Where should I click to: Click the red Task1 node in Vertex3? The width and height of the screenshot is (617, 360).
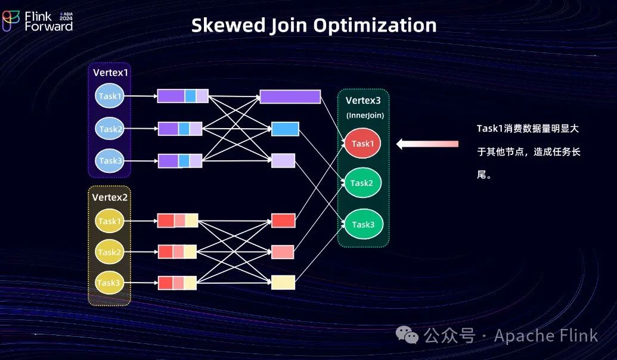[362, 144]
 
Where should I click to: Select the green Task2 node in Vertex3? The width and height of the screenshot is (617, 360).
[362, 183]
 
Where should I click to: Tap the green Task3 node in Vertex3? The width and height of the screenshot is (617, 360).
[362, 225]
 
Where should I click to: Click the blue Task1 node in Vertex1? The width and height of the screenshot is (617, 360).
[110, 96]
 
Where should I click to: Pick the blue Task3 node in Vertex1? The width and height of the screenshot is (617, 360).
[110, 160]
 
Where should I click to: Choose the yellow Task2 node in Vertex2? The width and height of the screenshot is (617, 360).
[110, 252]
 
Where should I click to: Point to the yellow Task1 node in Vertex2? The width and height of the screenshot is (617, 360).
[110, 221]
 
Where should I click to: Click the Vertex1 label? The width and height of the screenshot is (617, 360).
[110, 73]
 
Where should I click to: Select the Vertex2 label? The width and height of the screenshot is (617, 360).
[110, 197]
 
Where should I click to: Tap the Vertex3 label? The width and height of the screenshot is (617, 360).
[363, 101]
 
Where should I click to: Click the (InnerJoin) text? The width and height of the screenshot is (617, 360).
[365, 116]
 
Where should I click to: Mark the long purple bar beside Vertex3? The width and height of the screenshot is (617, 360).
[290, 97]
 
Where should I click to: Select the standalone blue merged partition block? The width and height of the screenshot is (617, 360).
[285, 129]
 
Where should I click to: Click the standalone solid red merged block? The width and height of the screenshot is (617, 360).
[283, 221]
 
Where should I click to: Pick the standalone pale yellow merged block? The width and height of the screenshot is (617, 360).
[283, 283]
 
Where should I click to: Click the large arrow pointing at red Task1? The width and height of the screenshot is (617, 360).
[427, 144]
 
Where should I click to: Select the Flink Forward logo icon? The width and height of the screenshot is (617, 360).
[11, 20]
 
